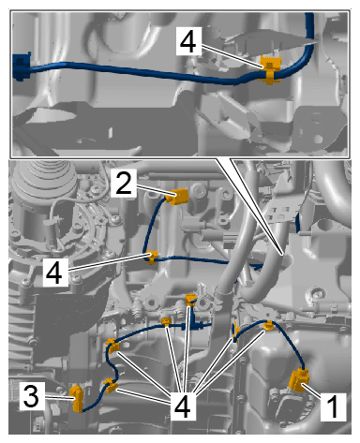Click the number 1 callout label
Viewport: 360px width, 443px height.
click(x=334, y=406)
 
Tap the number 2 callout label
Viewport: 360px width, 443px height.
click(x=124, y=184)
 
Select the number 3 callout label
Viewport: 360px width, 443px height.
click(x=32, y=396)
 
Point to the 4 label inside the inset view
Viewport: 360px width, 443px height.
click(x=188, y=41)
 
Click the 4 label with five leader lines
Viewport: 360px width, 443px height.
click(x=183, y=406)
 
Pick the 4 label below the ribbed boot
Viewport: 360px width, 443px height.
click(x=55, y=273)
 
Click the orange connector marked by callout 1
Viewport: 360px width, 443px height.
click(x=299, y=379)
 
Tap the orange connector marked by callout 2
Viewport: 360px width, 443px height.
click(x=179, y=197)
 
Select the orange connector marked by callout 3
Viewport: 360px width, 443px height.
click(x=76, y=398)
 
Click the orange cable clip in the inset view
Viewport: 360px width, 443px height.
click(x=270, y=70)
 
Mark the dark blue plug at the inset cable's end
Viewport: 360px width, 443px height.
click(x=22, y=66)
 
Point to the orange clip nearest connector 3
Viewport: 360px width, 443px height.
click(x=111, y=386)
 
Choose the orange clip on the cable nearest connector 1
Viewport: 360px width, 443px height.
click(x=268, y=326)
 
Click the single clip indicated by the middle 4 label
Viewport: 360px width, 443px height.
click(x=152, y=258)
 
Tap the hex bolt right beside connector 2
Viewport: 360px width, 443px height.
click(x=199, y=190)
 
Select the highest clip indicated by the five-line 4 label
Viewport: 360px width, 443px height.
click(x=190, y=300)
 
